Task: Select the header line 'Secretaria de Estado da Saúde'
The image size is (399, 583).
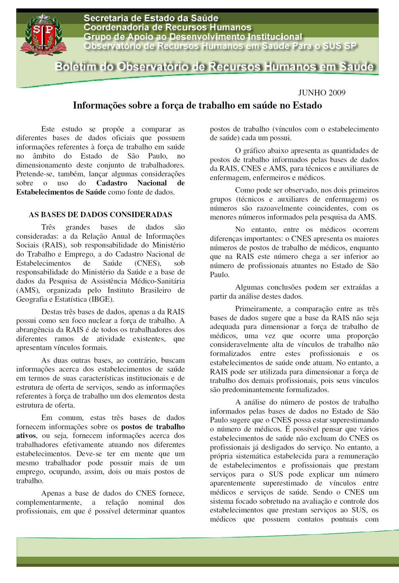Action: click(151, 18)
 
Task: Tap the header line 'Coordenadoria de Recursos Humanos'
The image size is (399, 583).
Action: click(167, 27)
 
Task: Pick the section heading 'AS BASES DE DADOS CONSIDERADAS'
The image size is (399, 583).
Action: click(100, 214)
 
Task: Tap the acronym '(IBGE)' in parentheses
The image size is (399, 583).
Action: click(102, 299)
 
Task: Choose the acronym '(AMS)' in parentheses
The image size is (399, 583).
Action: click(26, 290)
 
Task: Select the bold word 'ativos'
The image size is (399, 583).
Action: click(26, 436)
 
